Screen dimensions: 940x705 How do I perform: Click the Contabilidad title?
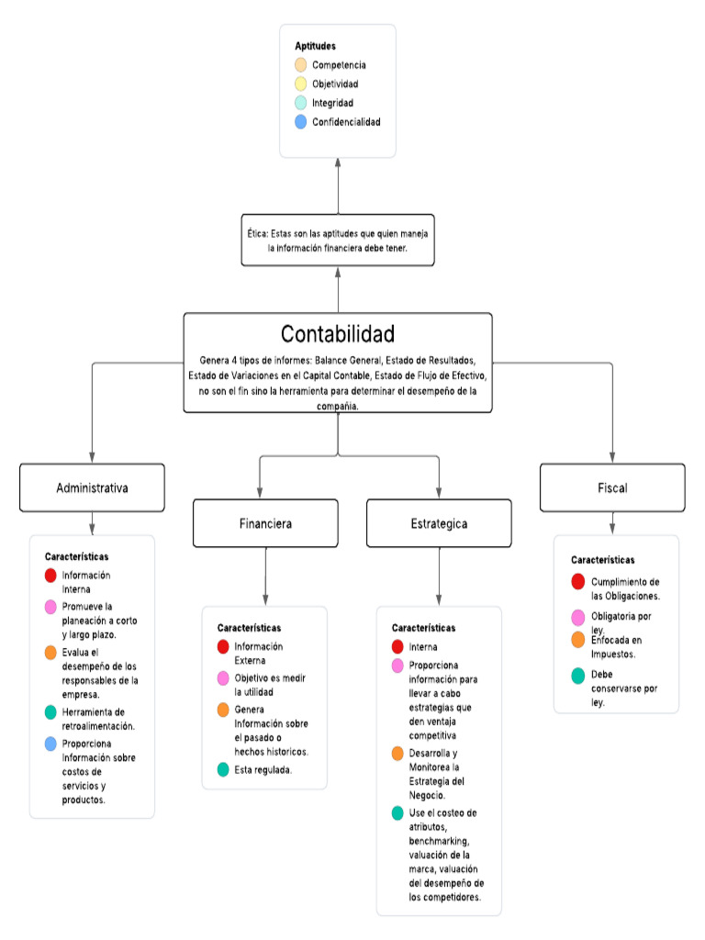click(338, 333)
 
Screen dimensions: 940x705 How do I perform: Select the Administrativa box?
click(92, 487)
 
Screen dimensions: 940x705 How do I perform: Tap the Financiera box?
click(265, 523)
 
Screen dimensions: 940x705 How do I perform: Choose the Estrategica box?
click(439, 523)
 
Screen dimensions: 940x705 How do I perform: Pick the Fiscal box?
click(612, 487)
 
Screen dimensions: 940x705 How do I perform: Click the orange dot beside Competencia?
click(301, 65)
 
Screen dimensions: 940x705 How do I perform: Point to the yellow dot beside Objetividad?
click(301, 84)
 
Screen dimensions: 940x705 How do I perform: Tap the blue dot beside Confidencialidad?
click(301, 122)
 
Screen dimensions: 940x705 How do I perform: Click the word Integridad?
click(332, 103)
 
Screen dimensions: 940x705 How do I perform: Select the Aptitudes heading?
click(315, 46)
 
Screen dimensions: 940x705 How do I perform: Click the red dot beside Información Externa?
click(223, 647)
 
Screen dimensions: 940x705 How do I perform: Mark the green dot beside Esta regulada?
click(223, 769)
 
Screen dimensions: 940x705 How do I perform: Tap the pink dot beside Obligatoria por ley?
click(577, 617)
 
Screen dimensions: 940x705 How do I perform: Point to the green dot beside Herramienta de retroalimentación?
click(50, 712)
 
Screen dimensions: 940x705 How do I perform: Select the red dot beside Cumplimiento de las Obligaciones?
click(577, 581)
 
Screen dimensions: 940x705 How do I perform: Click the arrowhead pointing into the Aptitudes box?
click(338, 162)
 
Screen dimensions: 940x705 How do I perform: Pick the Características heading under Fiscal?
click(602, 559)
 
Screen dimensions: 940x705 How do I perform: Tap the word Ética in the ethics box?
click(256, 234)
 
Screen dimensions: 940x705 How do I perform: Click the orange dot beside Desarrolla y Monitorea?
click(397, 754)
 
